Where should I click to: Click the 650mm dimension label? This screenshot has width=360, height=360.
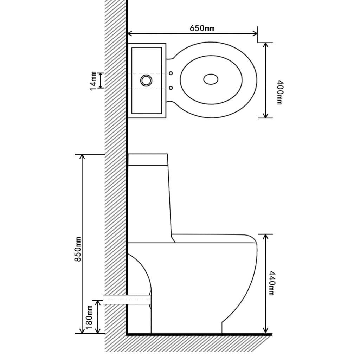coord(202,28)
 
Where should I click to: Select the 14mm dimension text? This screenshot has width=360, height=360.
coord(93,81)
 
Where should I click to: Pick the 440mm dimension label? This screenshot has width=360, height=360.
coord(271,283)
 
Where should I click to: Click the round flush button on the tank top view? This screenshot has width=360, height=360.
coord(146,80)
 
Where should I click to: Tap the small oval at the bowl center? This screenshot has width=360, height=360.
coord(211,80)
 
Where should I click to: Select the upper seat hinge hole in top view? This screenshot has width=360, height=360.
coord(171,73)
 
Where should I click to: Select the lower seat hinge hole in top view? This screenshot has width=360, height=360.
coord(171,88)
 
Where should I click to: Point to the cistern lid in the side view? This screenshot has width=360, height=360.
coord(148,159)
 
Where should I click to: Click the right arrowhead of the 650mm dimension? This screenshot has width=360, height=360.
coord(255,34)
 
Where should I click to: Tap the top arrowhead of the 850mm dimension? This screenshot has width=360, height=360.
coord(83,157)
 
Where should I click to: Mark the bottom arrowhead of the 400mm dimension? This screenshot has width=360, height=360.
coord(265,115)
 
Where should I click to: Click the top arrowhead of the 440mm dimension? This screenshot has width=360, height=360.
coord(265,237)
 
